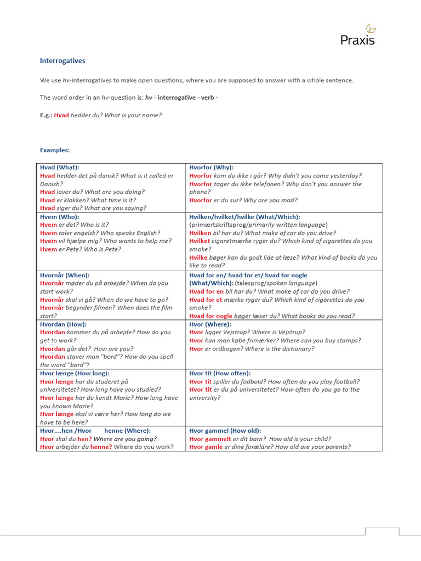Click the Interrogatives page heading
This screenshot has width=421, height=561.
tap(62, 61)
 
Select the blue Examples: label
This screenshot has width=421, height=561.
tap(55, 150)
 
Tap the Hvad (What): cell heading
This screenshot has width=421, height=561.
tap(60, 167)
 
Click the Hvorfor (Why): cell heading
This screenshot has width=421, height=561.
tap(211, 167)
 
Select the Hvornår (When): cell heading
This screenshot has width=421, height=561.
tap(65, 275)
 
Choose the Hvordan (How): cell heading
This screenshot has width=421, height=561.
tap(62, 324)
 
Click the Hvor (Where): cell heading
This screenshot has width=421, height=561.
tap(210, 324)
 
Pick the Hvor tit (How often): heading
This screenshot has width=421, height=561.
tap(220, 373)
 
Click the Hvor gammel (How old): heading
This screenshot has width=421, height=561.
tap(225, 431)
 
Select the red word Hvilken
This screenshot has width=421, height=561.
tap(200, 233)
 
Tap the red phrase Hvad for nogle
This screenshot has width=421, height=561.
tap(210, 316)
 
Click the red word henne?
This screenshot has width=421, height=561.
tap(101, 447)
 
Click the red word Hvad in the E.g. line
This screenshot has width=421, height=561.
tap(61, 115)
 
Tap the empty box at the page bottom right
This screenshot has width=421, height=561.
tap(382, 531)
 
